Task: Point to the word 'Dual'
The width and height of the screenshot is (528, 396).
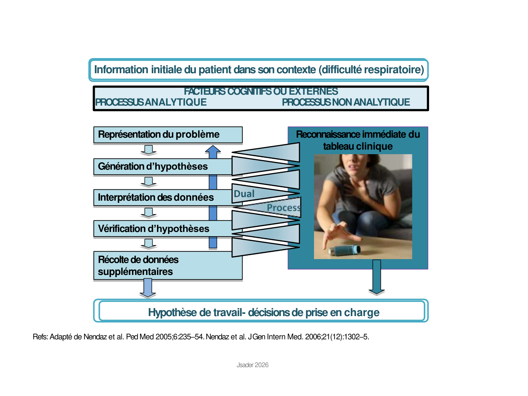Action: click(244, 194)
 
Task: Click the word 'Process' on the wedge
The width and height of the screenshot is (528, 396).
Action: click(283, 208)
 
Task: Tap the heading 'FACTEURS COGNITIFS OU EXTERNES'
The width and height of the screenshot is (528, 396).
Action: click(261, 92)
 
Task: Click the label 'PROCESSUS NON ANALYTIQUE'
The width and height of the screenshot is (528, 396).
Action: click(346, 102)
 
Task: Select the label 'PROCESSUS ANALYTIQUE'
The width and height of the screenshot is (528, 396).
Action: click(151, 102)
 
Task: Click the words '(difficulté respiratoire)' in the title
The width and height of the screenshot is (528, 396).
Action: click(371, 70)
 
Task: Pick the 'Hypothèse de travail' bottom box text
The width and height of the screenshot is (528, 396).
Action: click(263, 313)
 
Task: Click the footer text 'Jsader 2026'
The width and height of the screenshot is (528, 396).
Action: click(252, 365)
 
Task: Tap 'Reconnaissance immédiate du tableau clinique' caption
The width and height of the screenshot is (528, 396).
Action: click(358, 140)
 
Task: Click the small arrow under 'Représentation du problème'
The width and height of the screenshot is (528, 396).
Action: click(148, 150)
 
